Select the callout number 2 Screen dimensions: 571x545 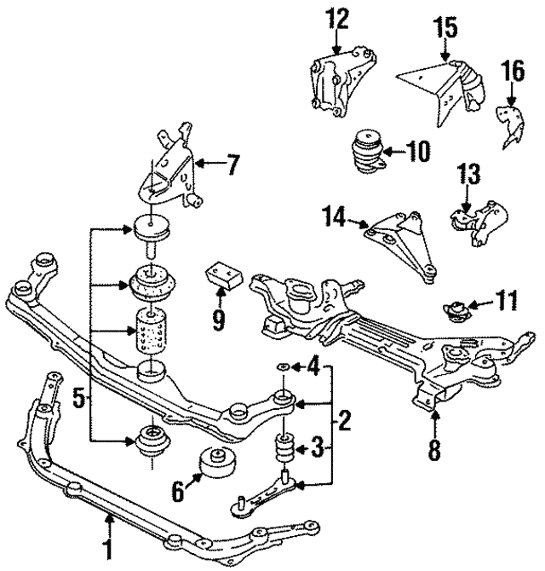(x=344, y=418)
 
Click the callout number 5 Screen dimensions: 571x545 (x=78, y=397)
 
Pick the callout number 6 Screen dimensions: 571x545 (x=176, y=491)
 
